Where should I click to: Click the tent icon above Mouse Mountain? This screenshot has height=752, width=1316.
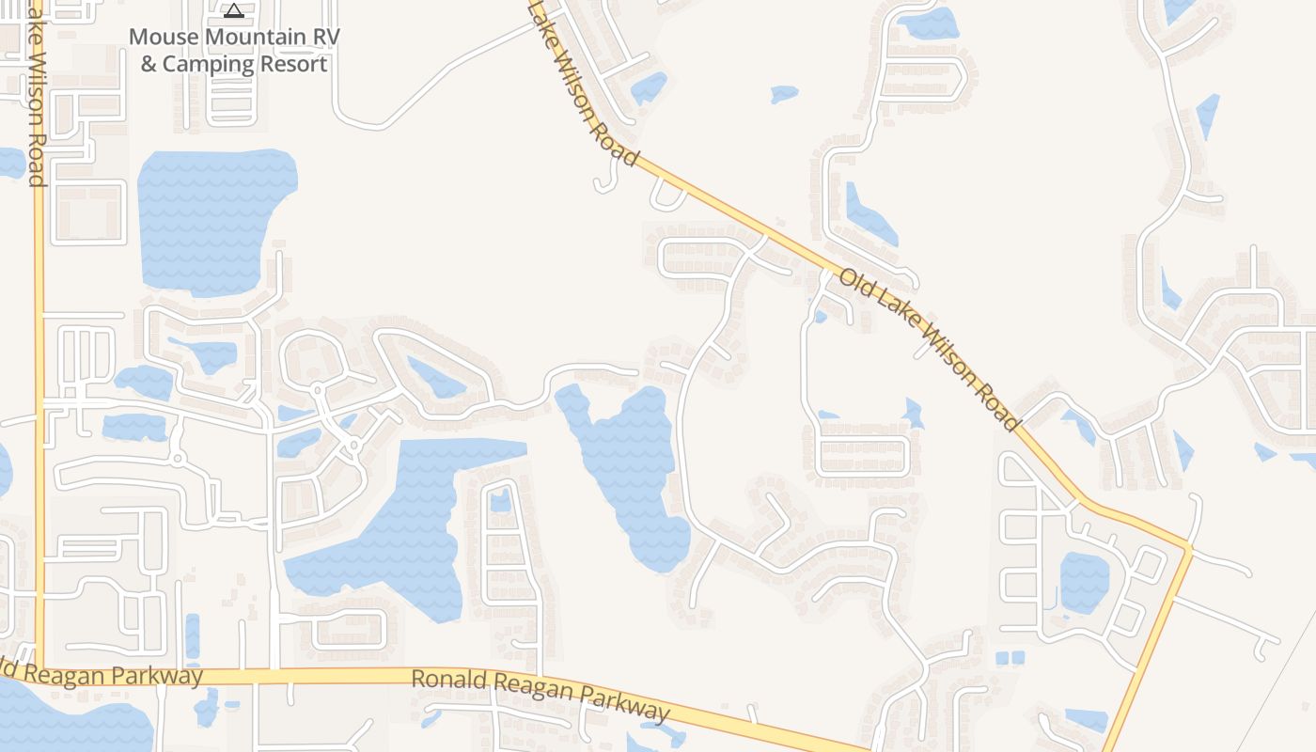pyautogui.click(x=234, y=10)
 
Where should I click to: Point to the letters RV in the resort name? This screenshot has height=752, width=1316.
pyautogui.click(x=325, y=37)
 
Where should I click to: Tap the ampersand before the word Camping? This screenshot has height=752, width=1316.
pyautogui.click(x=149, y=64)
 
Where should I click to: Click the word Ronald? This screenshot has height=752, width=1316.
pyautogui.click(x=446, y=680)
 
